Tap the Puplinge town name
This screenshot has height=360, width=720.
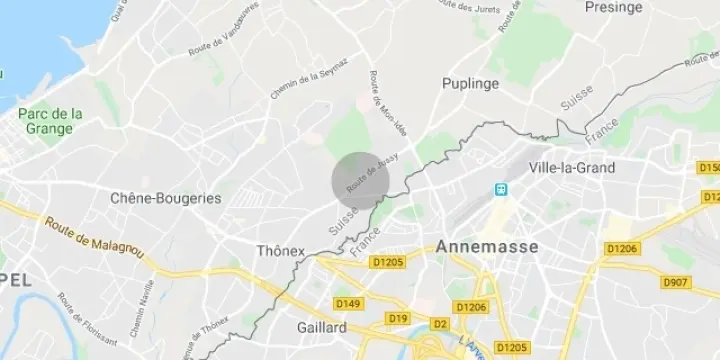[x=470, y=83]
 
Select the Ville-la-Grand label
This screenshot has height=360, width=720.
[x=573, y=167]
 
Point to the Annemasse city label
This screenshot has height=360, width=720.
[x=487, y=246]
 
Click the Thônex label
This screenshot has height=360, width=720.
[x=281, y=250]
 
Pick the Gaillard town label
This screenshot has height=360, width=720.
[x=321, y=327]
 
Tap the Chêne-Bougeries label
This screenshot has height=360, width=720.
[x=166, y=198]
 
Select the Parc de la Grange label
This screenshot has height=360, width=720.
[x=51, y=121]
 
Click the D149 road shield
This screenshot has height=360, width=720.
[x=348, y=303]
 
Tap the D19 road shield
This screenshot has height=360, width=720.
[x=400, y=318]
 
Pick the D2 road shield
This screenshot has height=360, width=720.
[x=439, y=324]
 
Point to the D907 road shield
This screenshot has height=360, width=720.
[x=676, y=283]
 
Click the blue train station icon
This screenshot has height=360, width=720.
[x=500, y=189]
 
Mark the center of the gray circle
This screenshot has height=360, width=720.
[x=360, y=180]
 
